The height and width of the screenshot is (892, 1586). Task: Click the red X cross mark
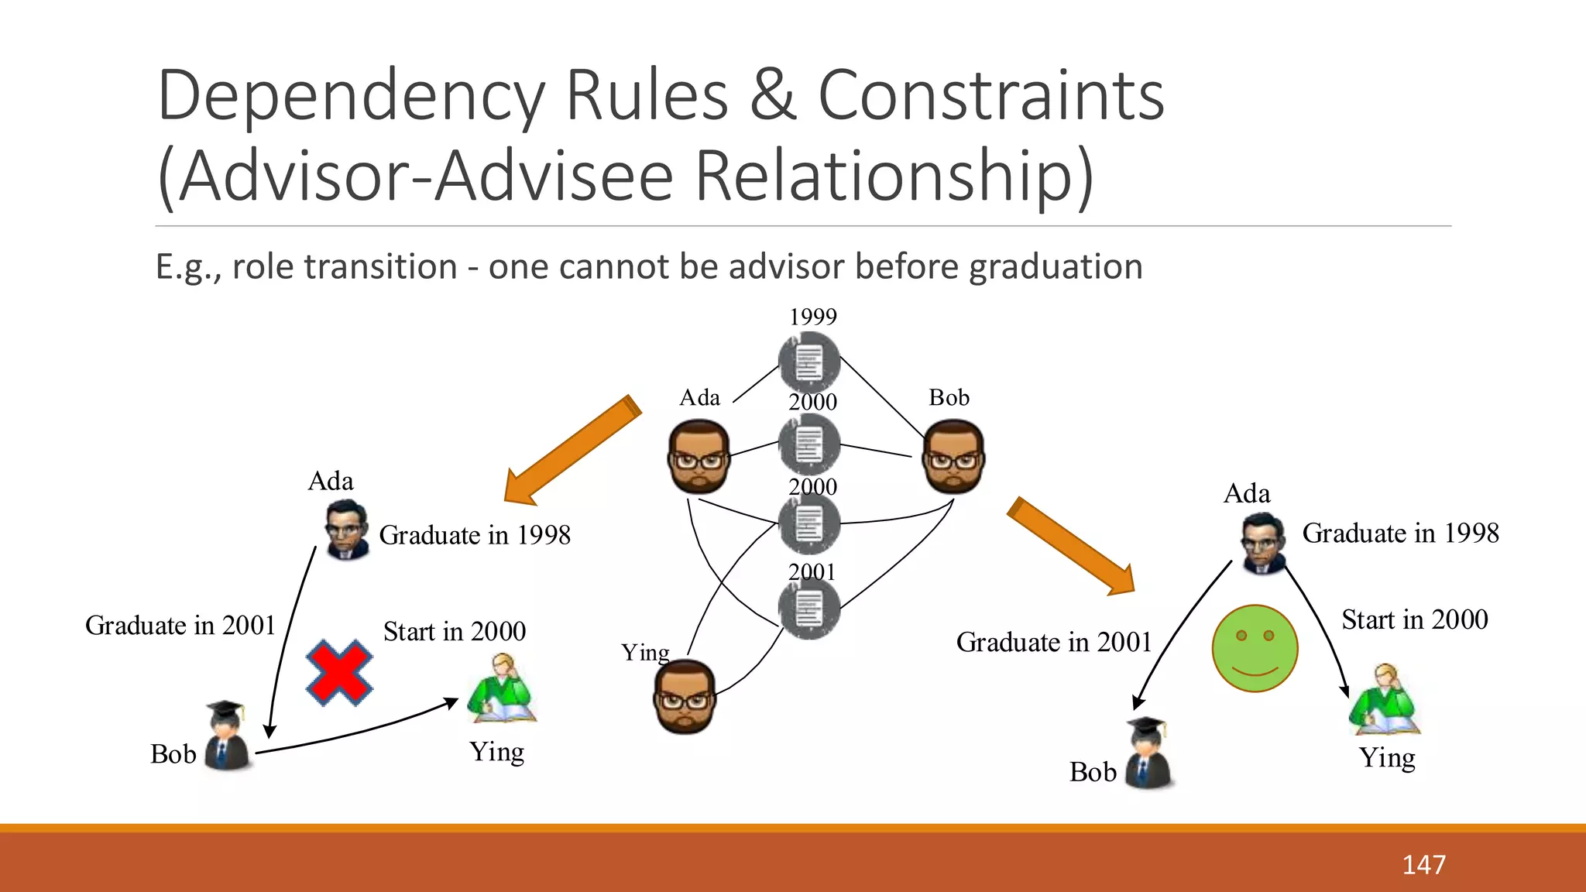coord(339,672)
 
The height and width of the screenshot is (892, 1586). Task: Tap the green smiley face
coord(1255,648)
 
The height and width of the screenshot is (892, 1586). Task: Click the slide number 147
coord(1423,864)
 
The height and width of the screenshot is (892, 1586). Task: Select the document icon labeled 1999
coord(809,362)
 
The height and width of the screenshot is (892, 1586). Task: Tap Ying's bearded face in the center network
coord(685,696)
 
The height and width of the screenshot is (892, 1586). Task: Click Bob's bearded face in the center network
coord(953,457)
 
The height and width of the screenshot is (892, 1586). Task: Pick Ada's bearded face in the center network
coord(699,457)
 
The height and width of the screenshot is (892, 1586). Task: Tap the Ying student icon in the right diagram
coord(1385,701)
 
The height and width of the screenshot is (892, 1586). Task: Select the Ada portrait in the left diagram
coord(346,530)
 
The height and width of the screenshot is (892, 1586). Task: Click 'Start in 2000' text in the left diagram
coord(455,631)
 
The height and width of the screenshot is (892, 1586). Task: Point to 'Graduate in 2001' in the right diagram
coord(1054,642)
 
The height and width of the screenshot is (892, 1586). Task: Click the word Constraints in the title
coord(990,96)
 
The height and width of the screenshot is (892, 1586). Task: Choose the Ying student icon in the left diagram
coord(503,689)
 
